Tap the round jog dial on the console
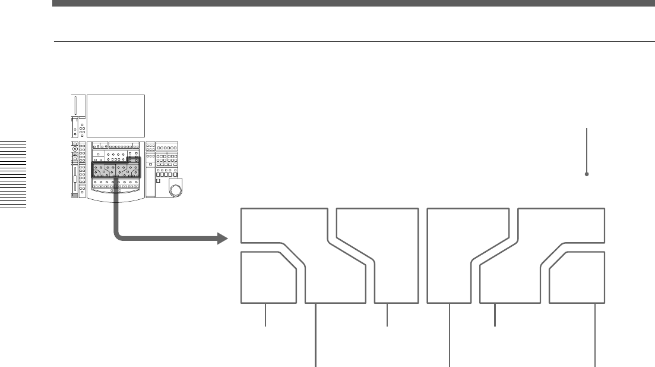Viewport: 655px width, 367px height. click(x=175, y=190)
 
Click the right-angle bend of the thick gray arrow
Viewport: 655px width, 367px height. click(x=118, y=237)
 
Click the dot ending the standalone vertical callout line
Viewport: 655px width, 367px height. click(x=587, y=174)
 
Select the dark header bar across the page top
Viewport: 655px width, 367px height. click(x=353, y=4)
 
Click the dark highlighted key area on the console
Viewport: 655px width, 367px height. click(x=116, y=173)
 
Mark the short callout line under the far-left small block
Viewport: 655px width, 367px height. click(x=265, y=315)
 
